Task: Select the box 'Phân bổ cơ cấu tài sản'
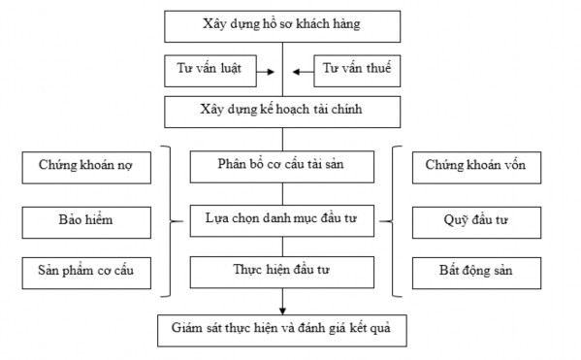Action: [x=281, y=164]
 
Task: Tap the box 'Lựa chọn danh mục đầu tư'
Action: [x=281, y=219]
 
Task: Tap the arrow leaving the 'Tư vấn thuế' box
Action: [x=301, y=70]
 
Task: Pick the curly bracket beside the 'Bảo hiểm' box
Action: [x=173, y=219]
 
